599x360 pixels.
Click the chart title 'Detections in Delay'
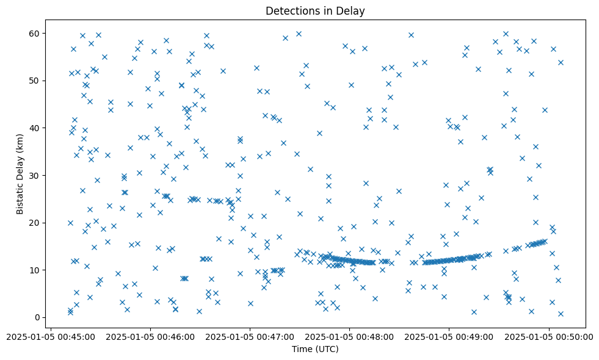click(x=315, y=10)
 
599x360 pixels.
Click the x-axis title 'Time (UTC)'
click(x=315, y=349)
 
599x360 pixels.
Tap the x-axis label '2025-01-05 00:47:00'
click(x=250, y=336)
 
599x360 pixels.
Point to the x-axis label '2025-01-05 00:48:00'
click(x=350, y=336)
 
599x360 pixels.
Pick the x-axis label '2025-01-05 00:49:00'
click(x=449, y=336)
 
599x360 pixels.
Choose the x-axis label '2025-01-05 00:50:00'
click(x=549, y=336)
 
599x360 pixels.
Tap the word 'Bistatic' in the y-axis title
click(x=20, y=196)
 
